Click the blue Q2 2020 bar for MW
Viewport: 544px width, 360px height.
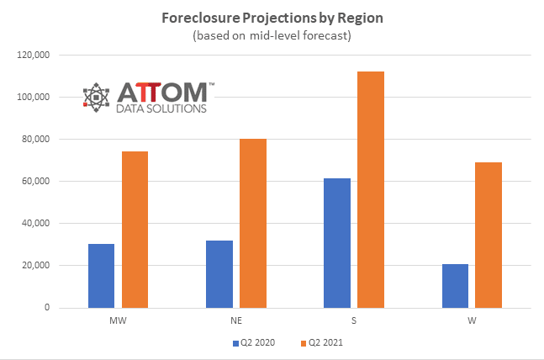pyautogui.click(x=101, y=276)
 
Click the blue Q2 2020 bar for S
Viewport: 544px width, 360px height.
pyautogui.click(x=337, y=243)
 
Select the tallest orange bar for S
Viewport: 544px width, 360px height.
pyautogui.click(x=371, y=189)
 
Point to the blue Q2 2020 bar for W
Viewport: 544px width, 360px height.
pyautogui.click(x=455, y=286)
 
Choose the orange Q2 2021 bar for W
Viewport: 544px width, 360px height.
pyautogui.click(x=489, y=235)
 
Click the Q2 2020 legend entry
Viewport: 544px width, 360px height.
pyautogui.click(x=252, y=343)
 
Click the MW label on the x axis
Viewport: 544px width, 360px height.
pyautogui.click(x=118, y=320)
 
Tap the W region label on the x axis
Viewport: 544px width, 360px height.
pyautogui.click(x=472, y=320)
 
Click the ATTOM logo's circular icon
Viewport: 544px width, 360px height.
pyautogui.click(x=96, y=97)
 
